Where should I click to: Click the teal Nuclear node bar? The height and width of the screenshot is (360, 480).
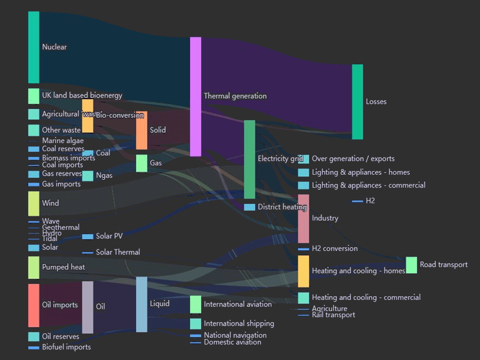click(34, 47)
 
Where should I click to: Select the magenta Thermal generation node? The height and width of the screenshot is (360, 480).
click(195, 96)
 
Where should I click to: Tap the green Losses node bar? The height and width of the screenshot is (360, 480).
click(357, 102)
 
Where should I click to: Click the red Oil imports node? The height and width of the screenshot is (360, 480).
click(34, 305)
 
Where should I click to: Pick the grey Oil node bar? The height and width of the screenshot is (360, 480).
click(88, 307)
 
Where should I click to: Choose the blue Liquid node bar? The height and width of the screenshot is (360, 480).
click(142, 304)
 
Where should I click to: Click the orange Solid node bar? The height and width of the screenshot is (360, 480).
click(142, 130)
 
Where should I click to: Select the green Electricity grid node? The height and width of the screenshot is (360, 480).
click(249, 159)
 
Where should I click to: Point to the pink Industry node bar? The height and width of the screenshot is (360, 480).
click(303, 218)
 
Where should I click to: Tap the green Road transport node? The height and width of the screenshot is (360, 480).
click(411, 265)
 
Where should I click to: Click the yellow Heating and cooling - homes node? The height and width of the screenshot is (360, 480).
click(303, 271)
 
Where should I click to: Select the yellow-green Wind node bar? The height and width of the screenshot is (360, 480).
click(34, 204)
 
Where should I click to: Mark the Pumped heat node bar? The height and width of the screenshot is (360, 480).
click(34, 267)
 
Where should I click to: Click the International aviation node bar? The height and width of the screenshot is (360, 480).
click(195, 304)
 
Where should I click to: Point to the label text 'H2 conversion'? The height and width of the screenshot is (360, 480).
click(334, 249)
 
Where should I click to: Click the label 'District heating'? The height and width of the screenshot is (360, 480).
click(282, 207)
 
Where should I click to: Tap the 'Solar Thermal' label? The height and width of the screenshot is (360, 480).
click(118, 253)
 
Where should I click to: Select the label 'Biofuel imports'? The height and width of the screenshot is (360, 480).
click(66, 347)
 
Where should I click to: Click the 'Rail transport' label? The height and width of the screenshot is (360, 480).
click(334, 315)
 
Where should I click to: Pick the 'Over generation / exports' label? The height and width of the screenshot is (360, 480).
click(353, 159)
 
